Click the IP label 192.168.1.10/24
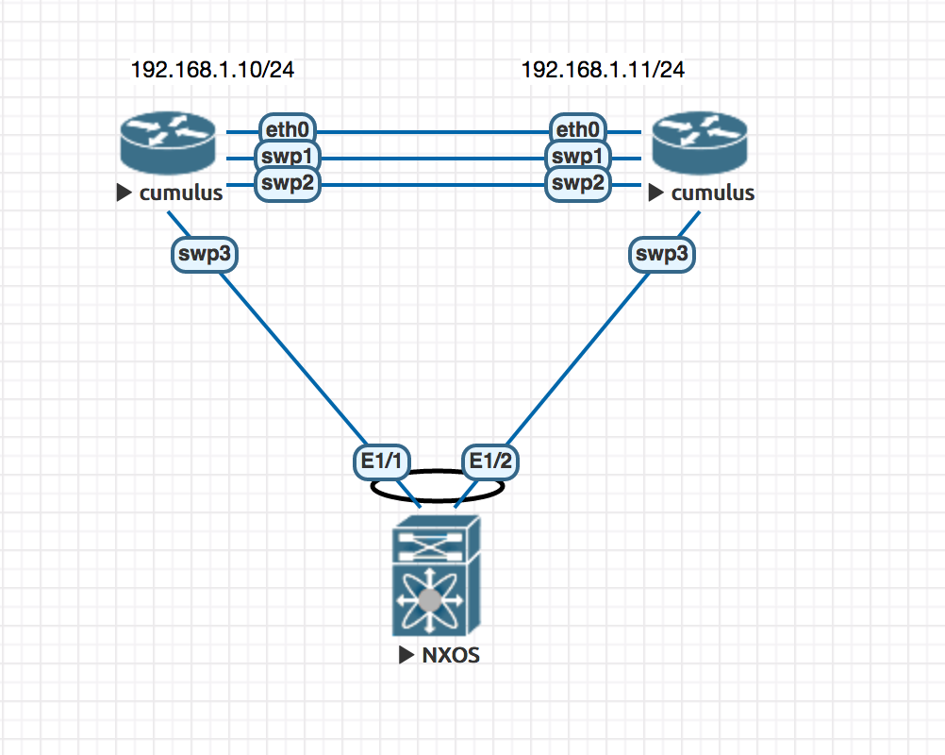tap(205, 70)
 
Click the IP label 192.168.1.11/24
tap(603, 70)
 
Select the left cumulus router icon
tap(168, 143)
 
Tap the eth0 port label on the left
tap(288, 131)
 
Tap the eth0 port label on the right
tap(578, 131)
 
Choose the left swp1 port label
tap(288, 157)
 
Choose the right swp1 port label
tap(578, 157)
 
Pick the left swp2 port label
tap(288, 183)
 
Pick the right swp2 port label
tap(578, 183)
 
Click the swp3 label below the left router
tap(203, 255)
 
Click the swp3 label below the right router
tap(662, 255)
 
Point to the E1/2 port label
tap(491, 461)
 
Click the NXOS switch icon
tap(436, 576)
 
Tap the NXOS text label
tap(449, 655)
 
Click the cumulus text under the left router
tap(181, 193)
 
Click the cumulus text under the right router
tap(712, 193)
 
